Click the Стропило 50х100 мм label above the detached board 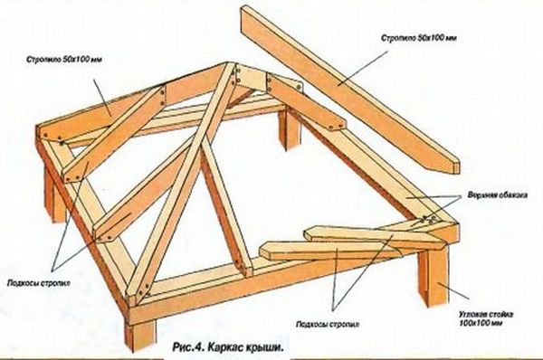(419, 37)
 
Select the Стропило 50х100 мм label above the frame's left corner (64, 59)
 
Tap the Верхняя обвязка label (498, 194)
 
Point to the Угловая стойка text (485, 315)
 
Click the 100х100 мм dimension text (481, 323)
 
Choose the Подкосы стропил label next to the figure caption (328, 325)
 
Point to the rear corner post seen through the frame (290, 128)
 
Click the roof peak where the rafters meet (230, 66)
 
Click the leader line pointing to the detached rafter (363, 68)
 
